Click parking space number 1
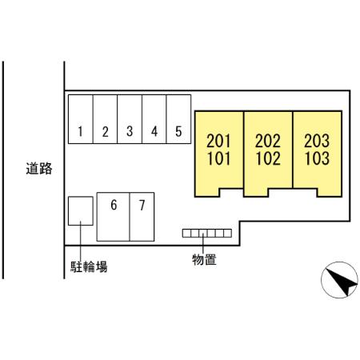[81, 119]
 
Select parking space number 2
[105, 119]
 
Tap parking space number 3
[130, 119]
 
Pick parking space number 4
[154, 119]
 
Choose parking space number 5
[178, 119]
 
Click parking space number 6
[114, 217]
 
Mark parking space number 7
[142, 217]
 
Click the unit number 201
[218, 141]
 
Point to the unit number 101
[218, 158]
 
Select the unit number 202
[268, 141]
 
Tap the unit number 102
[268, 158]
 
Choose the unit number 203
[317, 141]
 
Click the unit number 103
[317, 158]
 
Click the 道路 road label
[39, 169]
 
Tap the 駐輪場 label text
[89, 266]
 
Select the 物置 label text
[204, 259]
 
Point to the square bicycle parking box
[81, 211]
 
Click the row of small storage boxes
[207, 234]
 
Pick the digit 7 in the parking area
[142, 206]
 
